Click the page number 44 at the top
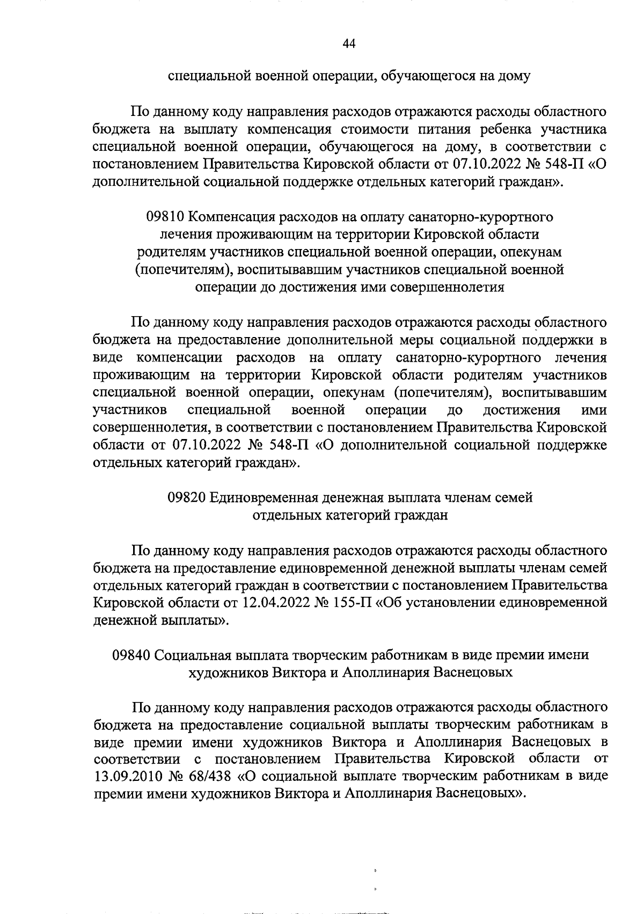click(x=349, y=43)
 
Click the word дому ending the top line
click(x=514, y=77)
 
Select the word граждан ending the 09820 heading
click(x=421, y=515)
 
